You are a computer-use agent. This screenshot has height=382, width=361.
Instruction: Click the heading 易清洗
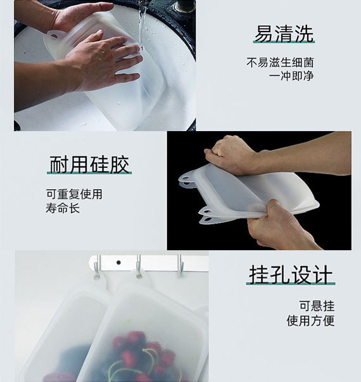pyautogui.click(x=283, y=34)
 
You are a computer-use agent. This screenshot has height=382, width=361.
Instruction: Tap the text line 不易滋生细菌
pyautogui.click(x=280, y=63)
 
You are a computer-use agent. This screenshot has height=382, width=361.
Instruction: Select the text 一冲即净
pyautogui.click(x=291, y=76)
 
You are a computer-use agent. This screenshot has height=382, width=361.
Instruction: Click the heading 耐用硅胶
pyautogui.click(x=89, y=165)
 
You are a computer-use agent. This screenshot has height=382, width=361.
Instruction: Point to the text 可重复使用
pyautogui.click(x=73, y=194)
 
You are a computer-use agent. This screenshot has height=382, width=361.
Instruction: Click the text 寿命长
pyautogui.click(x=63, y=208)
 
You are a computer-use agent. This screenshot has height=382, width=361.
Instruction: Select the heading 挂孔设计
pyautogui.click(x=291, y=276)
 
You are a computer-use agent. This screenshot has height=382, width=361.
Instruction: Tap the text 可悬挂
pyautogui.click(x=317, y=306)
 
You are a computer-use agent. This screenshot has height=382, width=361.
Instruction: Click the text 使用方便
pyautogui.click(x=310, y=321)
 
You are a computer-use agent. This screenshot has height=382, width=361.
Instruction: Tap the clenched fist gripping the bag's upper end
pyautogui.click(x=229, y=155)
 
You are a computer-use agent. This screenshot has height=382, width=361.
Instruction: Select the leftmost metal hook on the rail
pyautogui.click(x=98, y=266)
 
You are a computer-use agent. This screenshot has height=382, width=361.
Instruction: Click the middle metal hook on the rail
pyautogui.click(x=137, y=266)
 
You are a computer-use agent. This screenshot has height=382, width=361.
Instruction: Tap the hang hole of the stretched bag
pyautogui.click(x=186, y=179)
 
